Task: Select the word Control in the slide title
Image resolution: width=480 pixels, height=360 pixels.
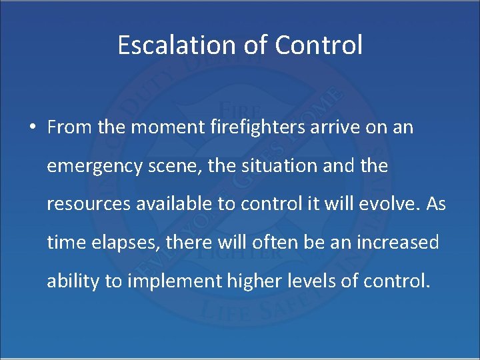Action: click(319, 45)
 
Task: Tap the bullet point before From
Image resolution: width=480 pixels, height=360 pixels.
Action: click(32, 128)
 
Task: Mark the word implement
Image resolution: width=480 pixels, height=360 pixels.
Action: click(174, 281)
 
